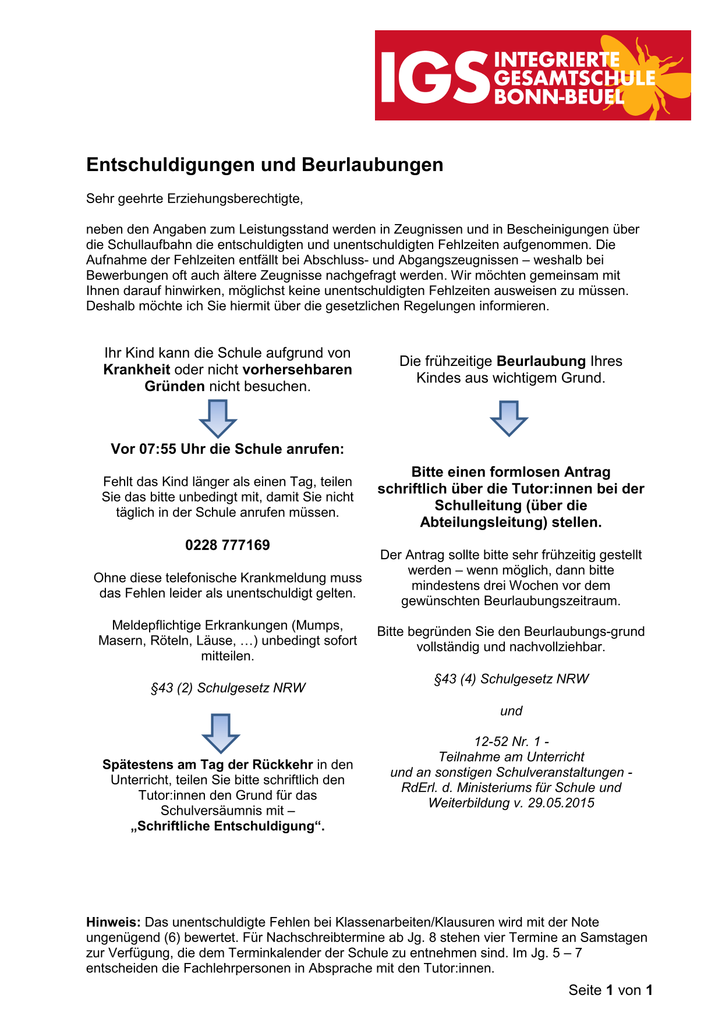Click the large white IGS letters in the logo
(x=434, y=77)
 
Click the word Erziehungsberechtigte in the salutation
(x=235, y=199)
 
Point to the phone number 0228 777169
(x=228, y=545)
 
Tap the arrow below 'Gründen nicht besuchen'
(x=218, y=418)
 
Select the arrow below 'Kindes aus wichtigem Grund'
(x=509, y=418)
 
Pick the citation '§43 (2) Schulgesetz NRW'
(x=228, y=688)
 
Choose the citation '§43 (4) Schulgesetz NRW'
(x=511, y=679)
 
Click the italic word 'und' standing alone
(x=511, y=711)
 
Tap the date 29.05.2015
(x=561, y=803)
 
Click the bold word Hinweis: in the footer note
(x=114, y=922)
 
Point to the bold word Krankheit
(x=137, y=370)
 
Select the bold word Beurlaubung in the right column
(x=541, y=361)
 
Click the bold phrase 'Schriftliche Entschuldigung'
(x=228, y=826)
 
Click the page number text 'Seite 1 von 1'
(x=610, y=990)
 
